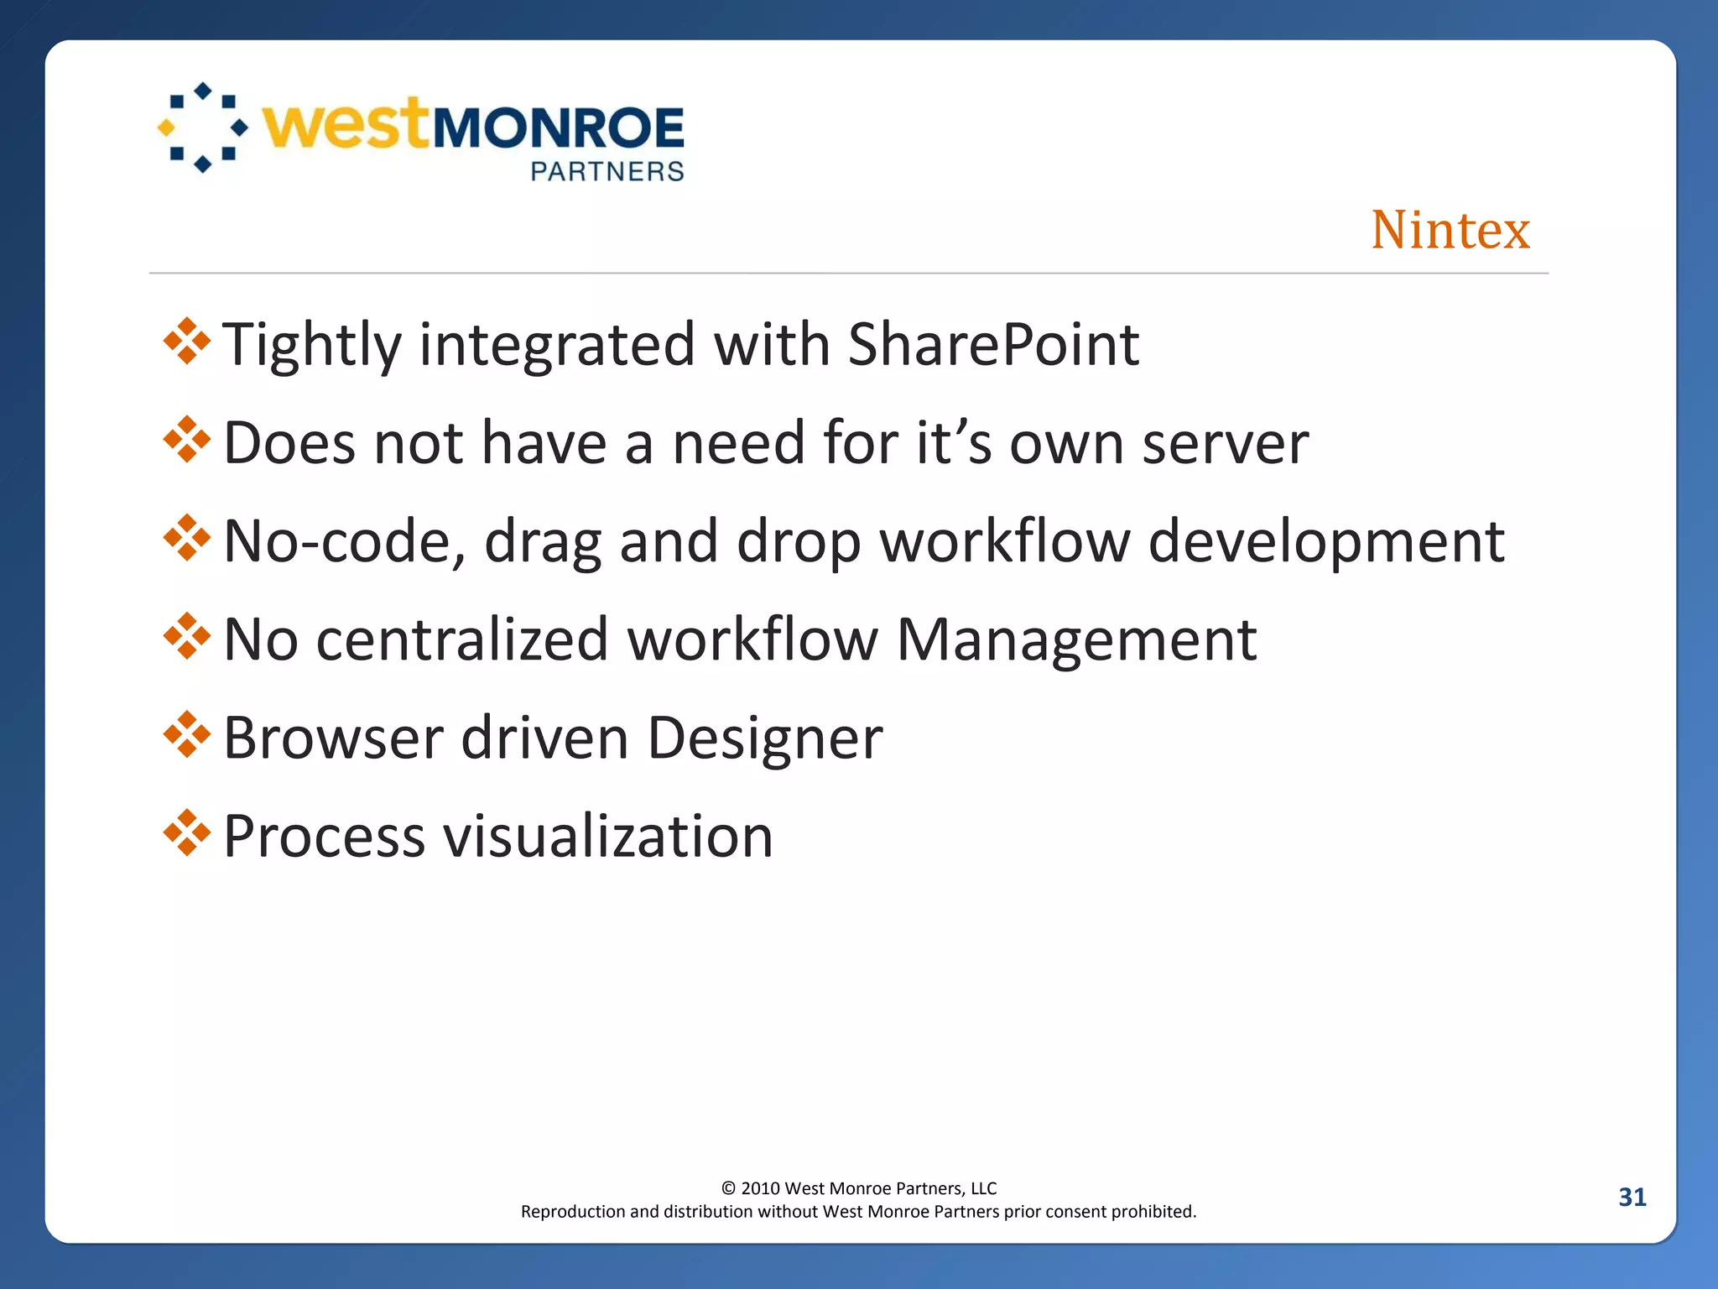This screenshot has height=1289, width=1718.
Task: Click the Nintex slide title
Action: (x=1450, y=230)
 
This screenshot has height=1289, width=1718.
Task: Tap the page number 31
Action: (x=1632, y=1197)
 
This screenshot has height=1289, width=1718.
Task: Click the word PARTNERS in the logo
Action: (x=607, y=171)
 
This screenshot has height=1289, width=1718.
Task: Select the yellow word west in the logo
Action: (x=346, y=125)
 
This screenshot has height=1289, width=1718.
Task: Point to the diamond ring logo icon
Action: (x=203, y=128)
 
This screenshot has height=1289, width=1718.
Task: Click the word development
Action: (x=1325, y=543)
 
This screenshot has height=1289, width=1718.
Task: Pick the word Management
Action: (x=1076, y=640)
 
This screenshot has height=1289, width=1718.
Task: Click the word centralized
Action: (x=462, y=640)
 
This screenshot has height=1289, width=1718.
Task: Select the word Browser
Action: (x=333, y=738)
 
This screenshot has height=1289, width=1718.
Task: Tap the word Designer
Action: (x=764, y=738)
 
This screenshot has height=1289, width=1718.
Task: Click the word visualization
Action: (x=607, y=837)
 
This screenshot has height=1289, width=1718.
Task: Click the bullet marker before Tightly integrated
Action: (x=187, y=342)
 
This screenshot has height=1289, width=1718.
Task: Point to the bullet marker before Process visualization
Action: (x=187, y=833)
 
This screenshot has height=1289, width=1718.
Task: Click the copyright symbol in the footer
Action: (x=728, y=1188)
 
